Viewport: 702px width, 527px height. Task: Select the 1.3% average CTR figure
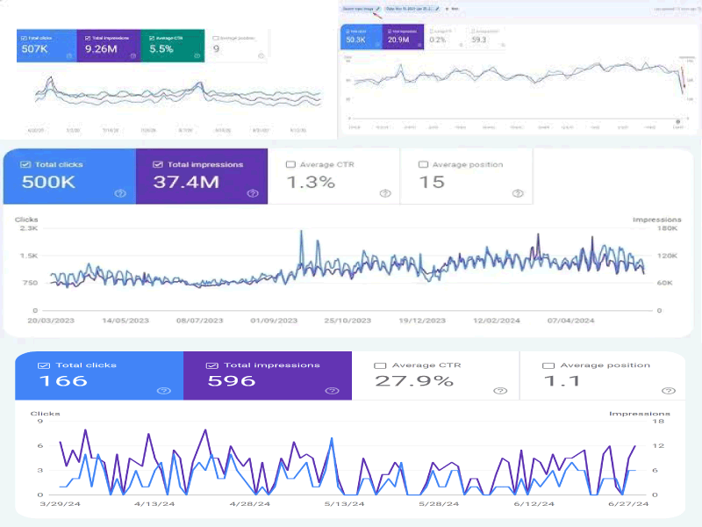click(312, 182)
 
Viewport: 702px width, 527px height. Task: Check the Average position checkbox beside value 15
click(423, 164)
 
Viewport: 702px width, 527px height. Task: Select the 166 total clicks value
click(63, 381)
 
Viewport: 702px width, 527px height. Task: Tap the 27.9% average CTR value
click(414, 381)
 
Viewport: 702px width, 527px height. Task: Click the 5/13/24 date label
click(343, 504)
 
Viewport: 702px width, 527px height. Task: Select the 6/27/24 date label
click(628, 504)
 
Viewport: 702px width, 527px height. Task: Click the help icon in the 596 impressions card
click(332, 391)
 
